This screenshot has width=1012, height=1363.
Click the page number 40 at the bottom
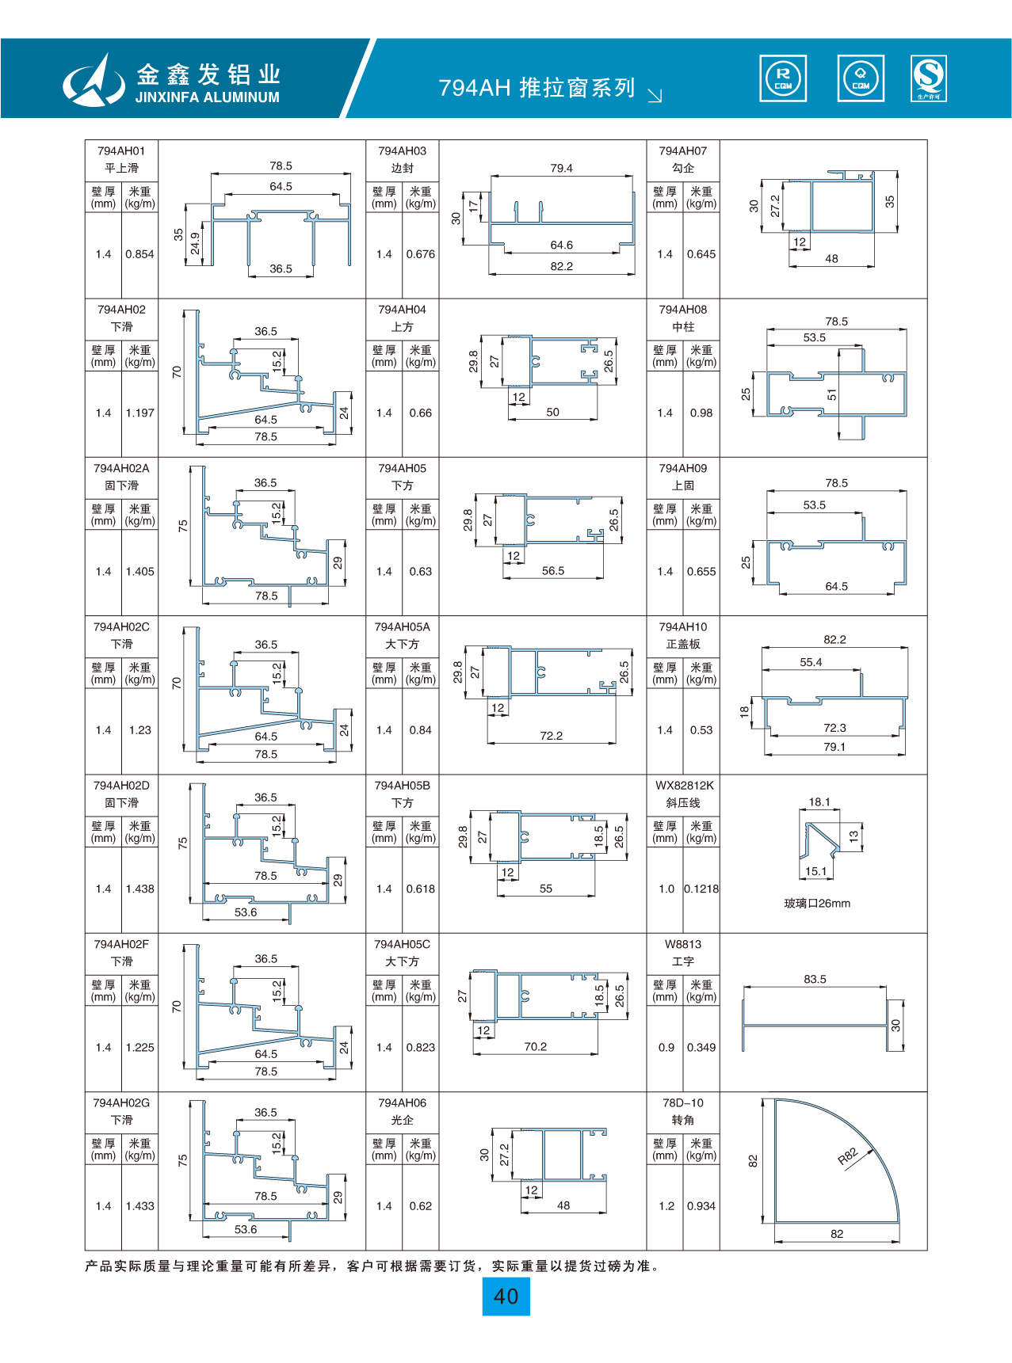[x=506, y=1296]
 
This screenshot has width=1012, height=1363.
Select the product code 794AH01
[x=121, y=150]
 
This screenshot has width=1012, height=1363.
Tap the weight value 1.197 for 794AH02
[x=140, y=413]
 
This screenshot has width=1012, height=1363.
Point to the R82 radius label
[x=848, y=1156]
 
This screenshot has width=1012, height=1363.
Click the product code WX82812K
[x=684, y=786]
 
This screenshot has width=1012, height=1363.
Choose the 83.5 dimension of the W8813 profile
[x=815, y=979]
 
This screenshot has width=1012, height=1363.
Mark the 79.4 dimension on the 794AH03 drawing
[x=561, y=168]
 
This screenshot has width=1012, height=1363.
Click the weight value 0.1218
[x=701, y=889]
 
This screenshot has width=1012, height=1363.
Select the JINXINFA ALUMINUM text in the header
[x=208, y=97]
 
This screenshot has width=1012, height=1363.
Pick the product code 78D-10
[x=683, y=1102]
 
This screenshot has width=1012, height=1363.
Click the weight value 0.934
[x=701, y=1206]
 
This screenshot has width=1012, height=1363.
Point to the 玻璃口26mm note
[x=817, y=904]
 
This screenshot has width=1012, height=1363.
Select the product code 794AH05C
[x=402, y=944]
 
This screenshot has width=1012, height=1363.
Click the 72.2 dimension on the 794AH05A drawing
[x=551, y=736]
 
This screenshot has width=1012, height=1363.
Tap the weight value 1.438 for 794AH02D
[x=140, y=889]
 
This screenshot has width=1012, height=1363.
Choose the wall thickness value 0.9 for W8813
[x=666, y=1047]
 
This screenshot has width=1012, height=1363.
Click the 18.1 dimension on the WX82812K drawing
[x=819, y=801]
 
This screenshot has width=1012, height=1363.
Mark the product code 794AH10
[x=683, y=626]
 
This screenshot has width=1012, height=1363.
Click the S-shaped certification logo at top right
[x=929, y=78]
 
